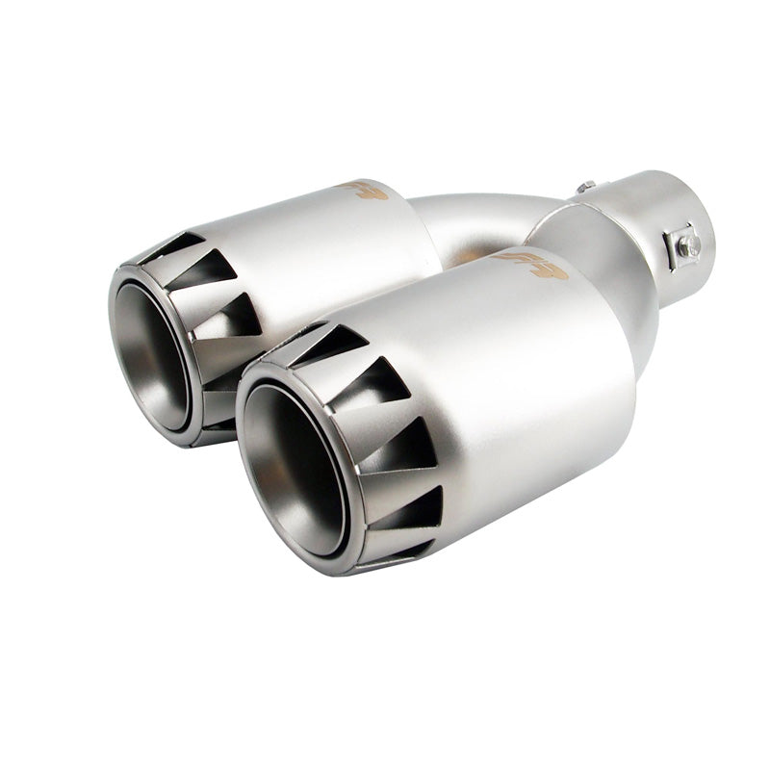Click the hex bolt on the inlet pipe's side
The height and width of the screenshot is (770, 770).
point(686,244)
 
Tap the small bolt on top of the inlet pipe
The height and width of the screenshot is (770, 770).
point(584,188)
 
